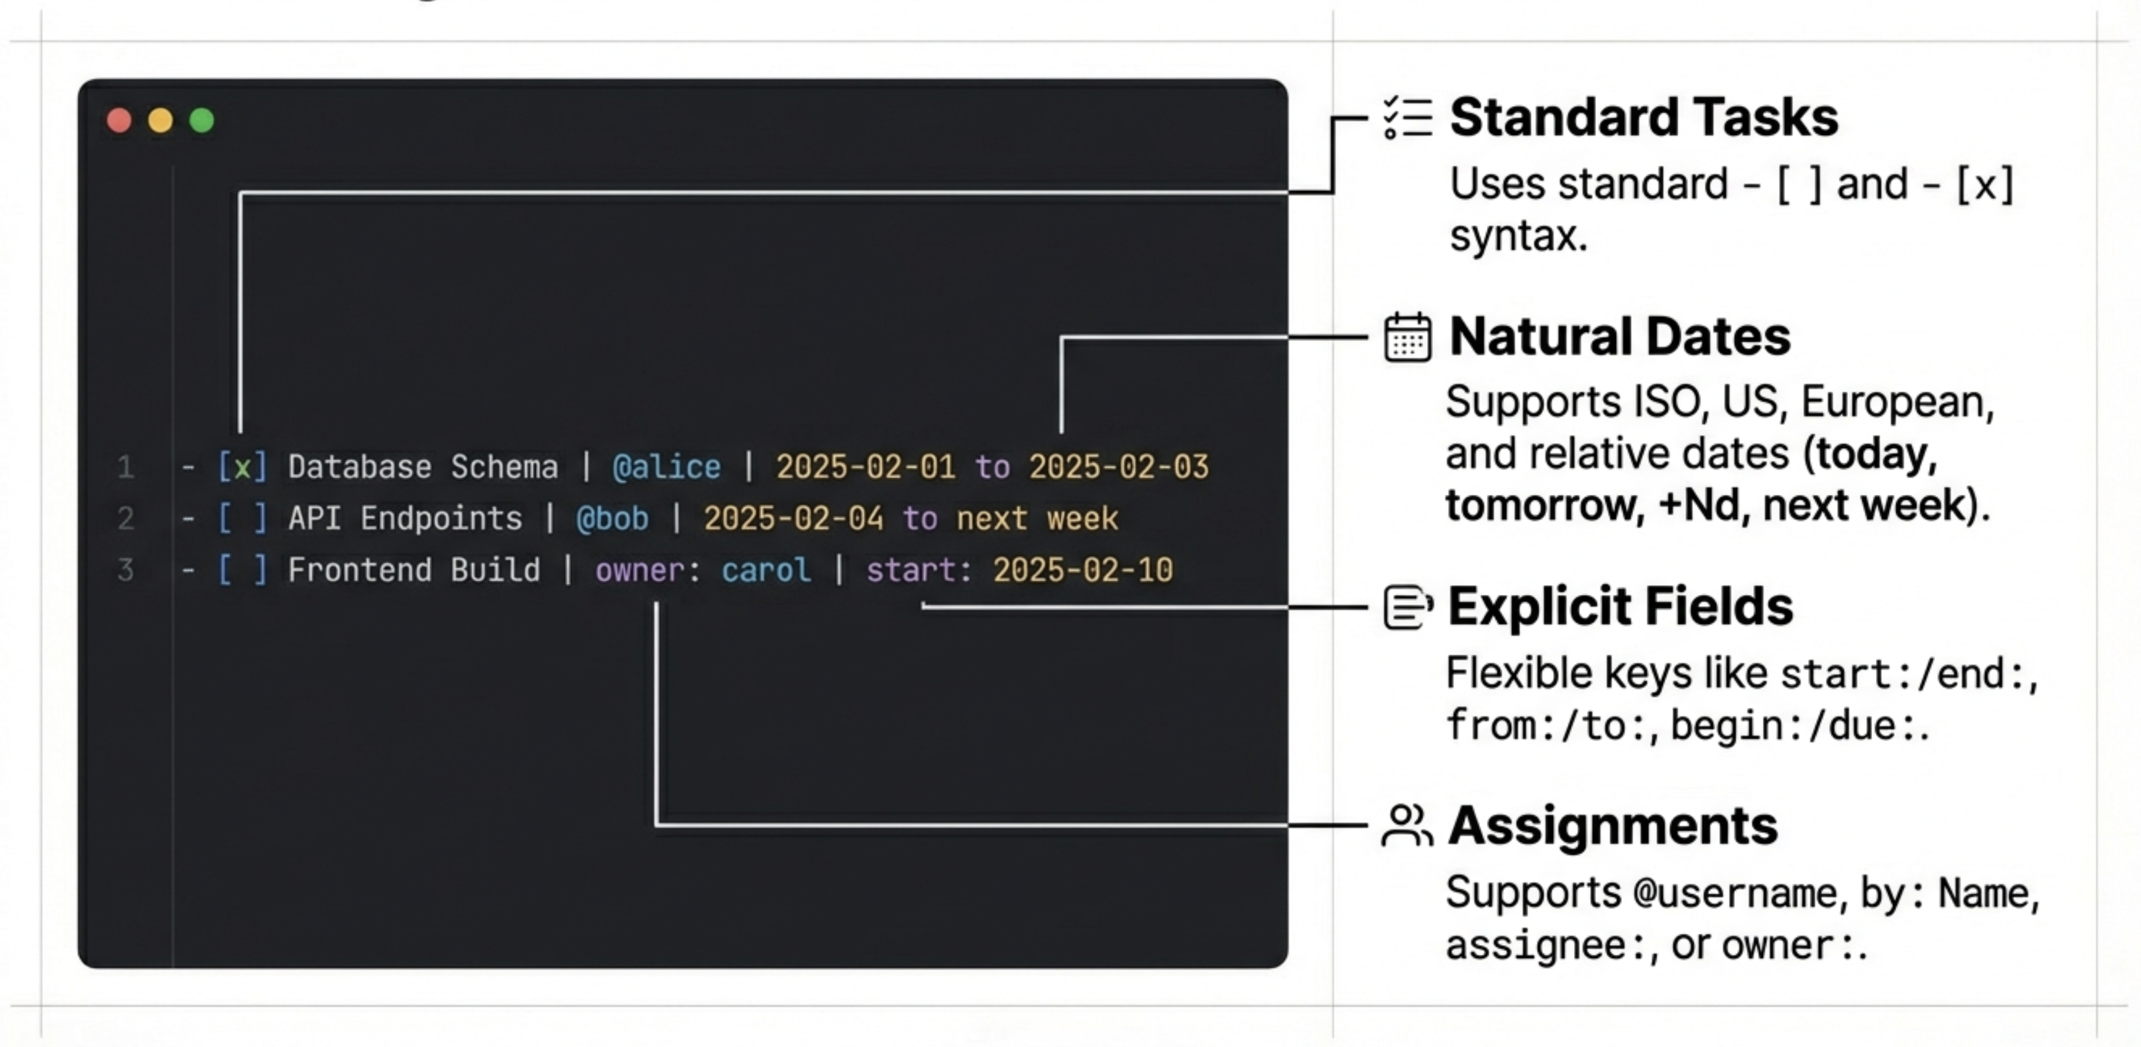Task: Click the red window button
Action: pyautogui.click(x=120, y=121)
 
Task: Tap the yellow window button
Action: pyautogui.click(x=160, y=121)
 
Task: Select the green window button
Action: pyautogui.click(x=201, y=121)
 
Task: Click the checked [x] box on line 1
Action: pyautogui.click(x=242, y=467)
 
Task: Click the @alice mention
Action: pyautogui.click(x=666, y=467)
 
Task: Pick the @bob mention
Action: pyautogui.click(x=612, y=518)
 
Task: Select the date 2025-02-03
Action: pyautogui.click(x=1118, y=467)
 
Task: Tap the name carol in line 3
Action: pyautogui.click(x=765, y=570)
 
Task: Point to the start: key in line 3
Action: pyautogui.click(x=918, y=570)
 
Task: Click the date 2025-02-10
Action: pyautogui.click(x=1082, y=570)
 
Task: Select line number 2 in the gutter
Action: pyautogui.click(x=125, y=518)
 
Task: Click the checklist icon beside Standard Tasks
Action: pyautogui.click(x=1407, y=117)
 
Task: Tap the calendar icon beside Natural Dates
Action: pyautogui.click(x=1407, y=337)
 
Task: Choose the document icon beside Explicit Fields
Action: pyautogui.click(x=1407, y=607)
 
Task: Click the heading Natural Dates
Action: pyautogui.click(x=1619, y=336)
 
